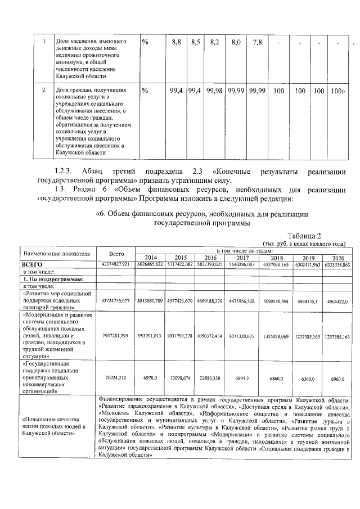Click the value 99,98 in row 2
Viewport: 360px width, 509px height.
[x=214, y=91]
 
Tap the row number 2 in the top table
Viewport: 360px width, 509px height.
[x=43, y=90]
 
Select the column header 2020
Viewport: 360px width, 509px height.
[x=338, y=256]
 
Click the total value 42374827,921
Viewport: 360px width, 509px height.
[x=115, y=264]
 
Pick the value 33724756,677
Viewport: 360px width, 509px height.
[x=115, y=301]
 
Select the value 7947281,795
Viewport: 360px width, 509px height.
[x=115, y=336]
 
